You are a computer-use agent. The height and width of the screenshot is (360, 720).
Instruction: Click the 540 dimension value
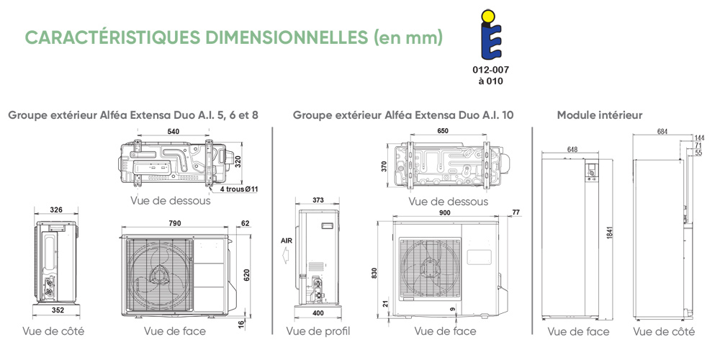[173, 132]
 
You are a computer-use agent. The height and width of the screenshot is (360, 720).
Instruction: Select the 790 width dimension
[174, 224]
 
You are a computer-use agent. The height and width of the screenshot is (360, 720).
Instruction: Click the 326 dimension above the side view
[56, 210]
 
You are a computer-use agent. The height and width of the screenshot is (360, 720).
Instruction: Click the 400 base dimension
[318, 312]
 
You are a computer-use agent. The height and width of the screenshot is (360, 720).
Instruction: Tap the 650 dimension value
[443, 132]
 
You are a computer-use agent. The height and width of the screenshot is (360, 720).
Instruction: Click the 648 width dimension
[572, 150]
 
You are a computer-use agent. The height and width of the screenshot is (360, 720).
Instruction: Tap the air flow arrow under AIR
[286, 253]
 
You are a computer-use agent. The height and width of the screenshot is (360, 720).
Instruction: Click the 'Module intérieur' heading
[600, 115]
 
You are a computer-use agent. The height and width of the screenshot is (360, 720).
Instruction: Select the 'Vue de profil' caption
[318, 331]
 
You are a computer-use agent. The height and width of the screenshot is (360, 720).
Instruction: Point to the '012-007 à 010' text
[490, 76]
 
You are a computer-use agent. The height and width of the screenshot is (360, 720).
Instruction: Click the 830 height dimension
[375, 274]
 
